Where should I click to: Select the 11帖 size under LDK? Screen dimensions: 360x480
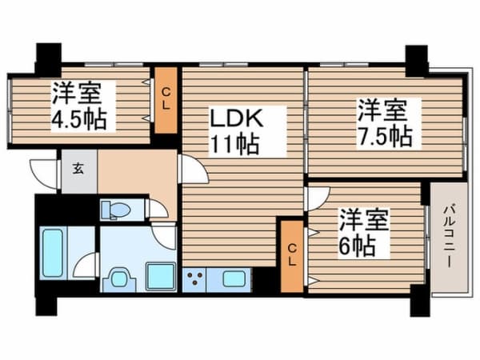(x=234, y=145)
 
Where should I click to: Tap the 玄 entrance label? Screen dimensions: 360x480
(x=81, y=168)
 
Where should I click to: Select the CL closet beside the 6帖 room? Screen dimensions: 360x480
(x=292, y=255)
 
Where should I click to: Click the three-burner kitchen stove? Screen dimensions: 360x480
(x=196, y=280)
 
